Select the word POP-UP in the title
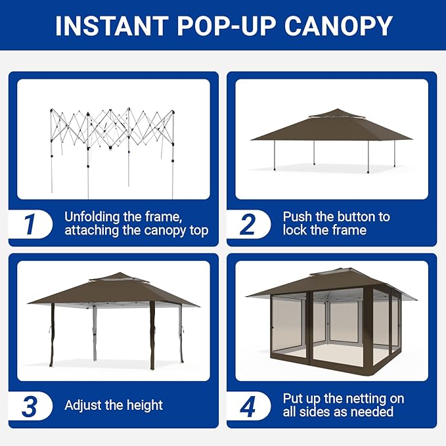(x=227, y=26)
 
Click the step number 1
(x=30, y=225)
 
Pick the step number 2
(x=248, y=225)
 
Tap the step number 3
(x=30, y=406)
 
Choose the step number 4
(x=248, y=406)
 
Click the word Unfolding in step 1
(x=92, y=217)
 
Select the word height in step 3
(x=145, y=405)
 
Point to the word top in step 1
(x=199, y=231)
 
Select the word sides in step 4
(x=311, y=412)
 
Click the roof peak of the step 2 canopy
(x=338, y=108)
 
